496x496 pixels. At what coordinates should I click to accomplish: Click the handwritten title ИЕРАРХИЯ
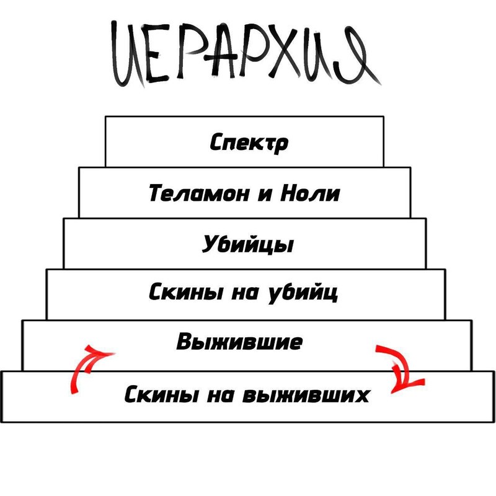coord(246,54)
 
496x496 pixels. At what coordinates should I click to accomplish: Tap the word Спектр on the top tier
coord(249,143)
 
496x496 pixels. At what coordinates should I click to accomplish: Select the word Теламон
coord(199,193)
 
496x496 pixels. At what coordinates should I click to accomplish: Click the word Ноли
coord(310,193)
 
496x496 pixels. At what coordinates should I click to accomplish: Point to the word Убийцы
coord(247,244)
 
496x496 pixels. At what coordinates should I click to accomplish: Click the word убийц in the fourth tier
coord(303,293)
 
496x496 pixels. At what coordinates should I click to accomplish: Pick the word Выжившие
coord(239,342)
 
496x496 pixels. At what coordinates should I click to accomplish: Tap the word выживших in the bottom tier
coord(306,394)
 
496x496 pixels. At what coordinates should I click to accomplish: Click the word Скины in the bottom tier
coord(162,394)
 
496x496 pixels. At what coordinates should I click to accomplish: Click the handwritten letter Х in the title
coord(285,53)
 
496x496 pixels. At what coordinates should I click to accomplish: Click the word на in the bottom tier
coord(221,396)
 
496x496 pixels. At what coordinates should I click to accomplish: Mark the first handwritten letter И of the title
coord(128,54)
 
